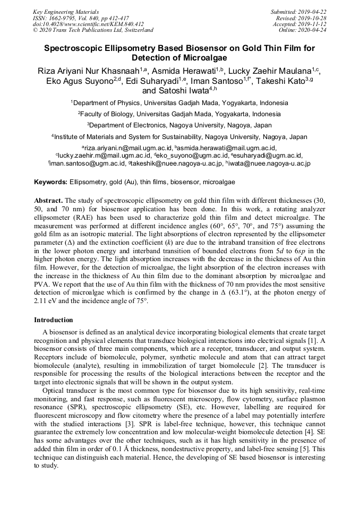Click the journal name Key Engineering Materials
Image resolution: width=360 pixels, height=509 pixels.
pos(66,11)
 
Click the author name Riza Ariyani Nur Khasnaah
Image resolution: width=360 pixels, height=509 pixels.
pos(88,71)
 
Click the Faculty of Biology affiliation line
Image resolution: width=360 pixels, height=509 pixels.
pos(179,114)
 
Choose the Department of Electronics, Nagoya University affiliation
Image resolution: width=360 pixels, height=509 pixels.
pos(179,125)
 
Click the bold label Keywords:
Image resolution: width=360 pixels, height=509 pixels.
pos(51,182)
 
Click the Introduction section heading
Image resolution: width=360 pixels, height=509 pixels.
pos(54,320)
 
